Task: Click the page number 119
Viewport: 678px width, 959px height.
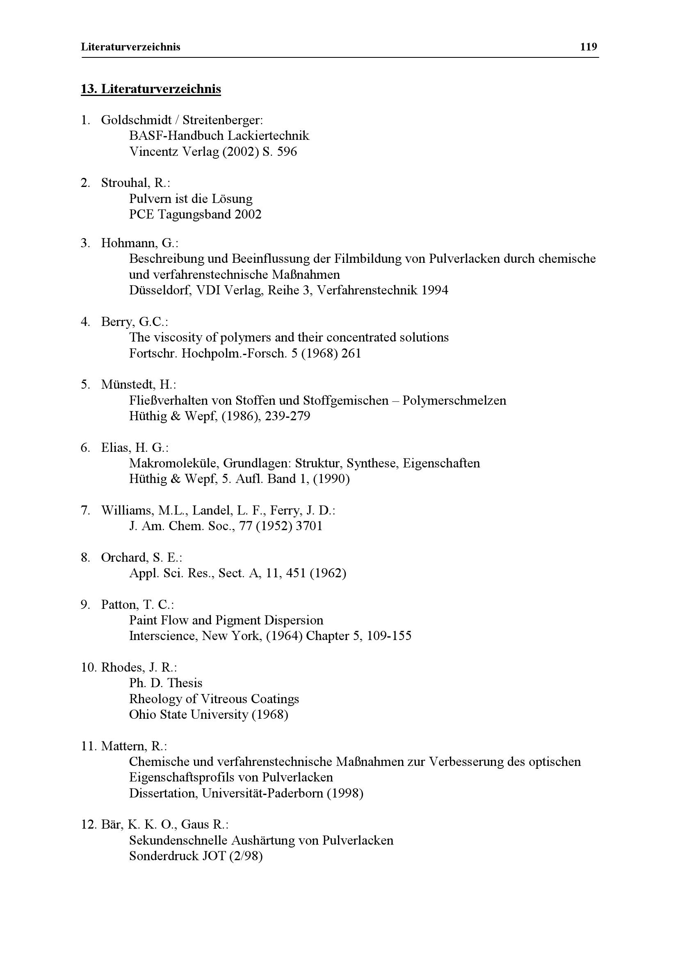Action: coord(588,47)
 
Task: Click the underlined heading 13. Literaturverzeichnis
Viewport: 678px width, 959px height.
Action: coord(151,89)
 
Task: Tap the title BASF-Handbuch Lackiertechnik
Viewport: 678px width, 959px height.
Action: coord(219,136)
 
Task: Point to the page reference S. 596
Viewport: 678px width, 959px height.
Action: coord(279,151)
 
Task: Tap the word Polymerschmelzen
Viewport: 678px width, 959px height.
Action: coord(454,401)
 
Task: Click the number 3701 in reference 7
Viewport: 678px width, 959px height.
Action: coord(309,526)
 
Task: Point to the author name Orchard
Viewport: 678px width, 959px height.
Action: coord(124,558)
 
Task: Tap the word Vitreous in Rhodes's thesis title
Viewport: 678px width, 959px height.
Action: coord(224,699)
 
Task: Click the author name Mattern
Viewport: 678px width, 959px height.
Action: coord(124,746)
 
